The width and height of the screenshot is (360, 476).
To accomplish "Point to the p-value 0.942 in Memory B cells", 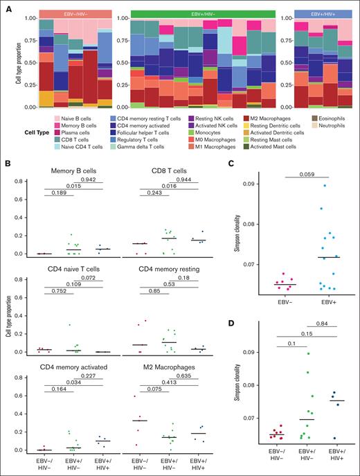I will [x=88, y=200].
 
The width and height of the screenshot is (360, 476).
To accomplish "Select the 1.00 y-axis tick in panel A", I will [x=28, y=18].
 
